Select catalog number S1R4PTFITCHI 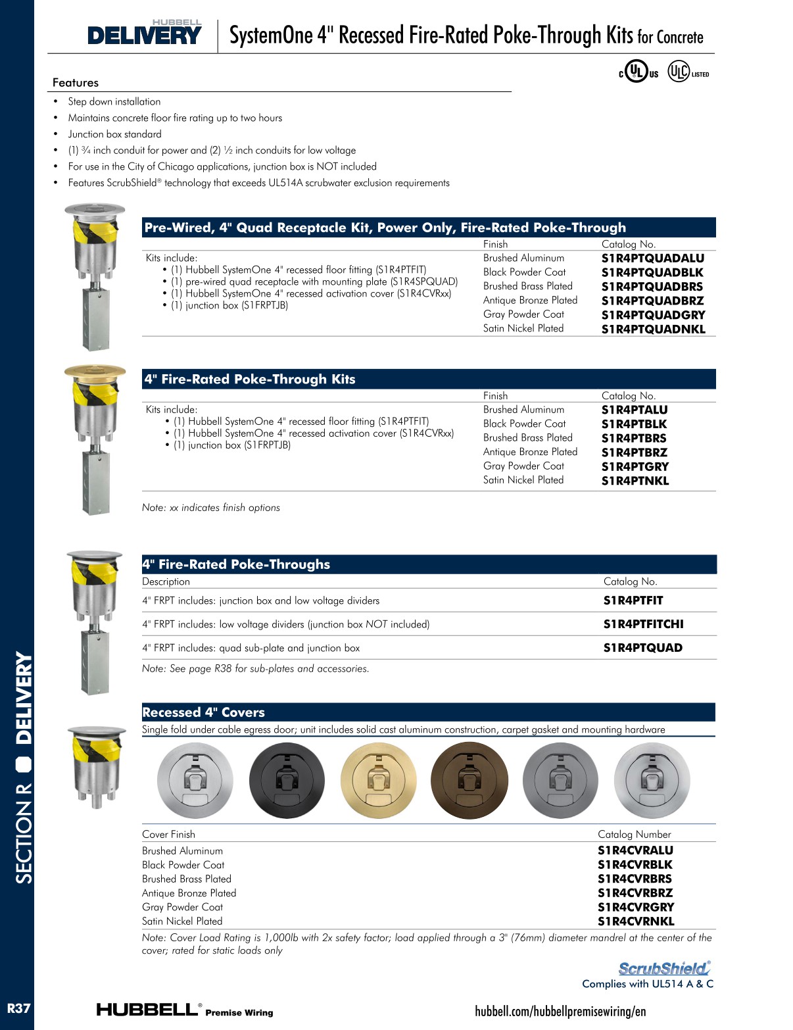(x=643, y=624)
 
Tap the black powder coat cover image (x=287, y=781)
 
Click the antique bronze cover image (x=469, y=781)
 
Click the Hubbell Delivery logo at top (x=145, y=33)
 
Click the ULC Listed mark (x=688, y=72)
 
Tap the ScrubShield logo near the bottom (x=664, y=968)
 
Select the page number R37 (x=18, y=1008)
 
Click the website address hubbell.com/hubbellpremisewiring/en (x=560, y=1012)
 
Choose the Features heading (x=76, y=83)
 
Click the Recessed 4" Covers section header (x=203, y=712)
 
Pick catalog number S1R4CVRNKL (x=636, y=921)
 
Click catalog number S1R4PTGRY (x=635, y=467)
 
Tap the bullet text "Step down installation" (x=114, y=102)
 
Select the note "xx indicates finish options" (x=211, y=508)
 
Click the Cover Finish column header (x=168, y=835)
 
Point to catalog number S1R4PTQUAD (x=642, y=648)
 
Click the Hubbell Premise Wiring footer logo (x=185, y=1010)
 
